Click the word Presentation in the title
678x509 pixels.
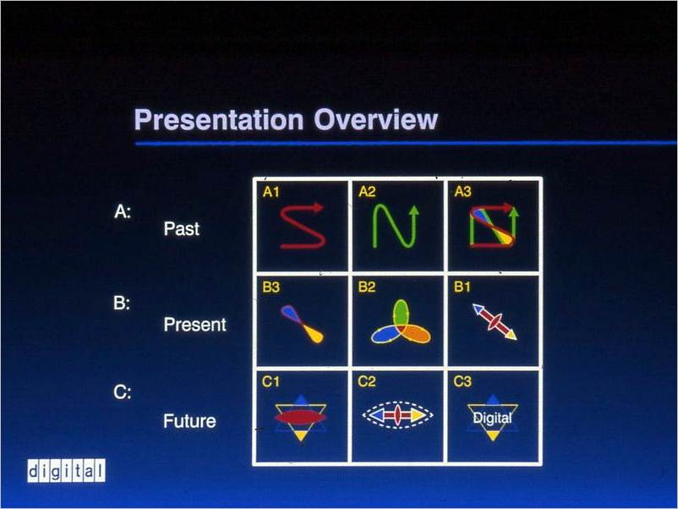coord(219,121)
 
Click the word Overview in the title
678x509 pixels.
coord(375,119)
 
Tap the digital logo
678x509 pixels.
coord(66,470)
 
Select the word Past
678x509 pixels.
coord(182,229)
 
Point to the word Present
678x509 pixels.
coord(195,325)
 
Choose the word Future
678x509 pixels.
coord(189,421)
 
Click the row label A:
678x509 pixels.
coord(123,212)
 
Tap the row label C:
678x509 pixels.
coord(123,392)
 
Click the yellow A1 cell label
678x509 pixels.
coord(271,192)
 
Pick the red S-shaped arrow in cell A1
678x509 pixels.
coord(303,226)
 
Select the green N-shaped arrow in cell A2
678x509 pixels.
coord(396,226)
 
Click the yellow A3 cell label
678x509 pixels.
coord(463,192)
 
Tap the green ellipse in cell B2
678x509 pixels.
coord(401,314)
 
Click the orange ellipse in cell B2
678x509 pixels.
coord(415,333)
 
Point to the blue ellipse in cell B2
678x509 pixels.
coord(386,334)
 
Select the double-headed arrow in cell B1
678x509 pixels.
coord(495,322)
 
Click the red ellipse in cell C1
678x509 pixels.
coord(301,418)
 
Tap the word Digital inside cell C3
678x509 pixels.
coord(493,418)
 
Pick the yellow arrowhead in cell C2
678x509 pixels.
coord(419,415)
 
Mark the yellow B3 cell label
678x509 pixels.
coord(271,287)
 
